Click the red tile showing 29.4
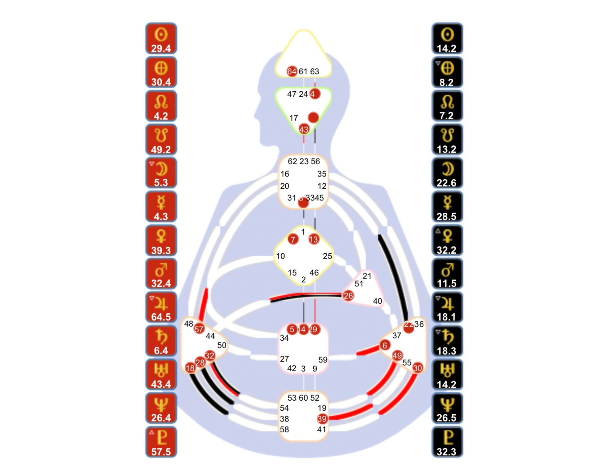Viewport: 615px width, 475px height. (x=161, y=39)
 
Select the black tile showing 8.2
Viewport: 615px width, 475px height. (x=447, y=73)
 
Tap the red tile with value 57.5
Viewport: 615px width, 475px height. (x=161, y=442)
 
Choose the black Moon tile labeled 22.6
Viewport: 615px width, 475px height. (x=447, y=173)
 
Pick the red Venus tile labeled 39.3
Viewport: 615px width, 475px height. (x=161, y=240)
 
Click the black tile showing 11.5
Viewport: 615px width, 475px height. (x=447, y=274)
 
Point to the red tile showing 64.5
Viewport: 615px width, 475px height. (x=161, y=307)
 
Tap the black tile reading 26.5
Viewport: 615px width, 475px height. (x=447, y=408)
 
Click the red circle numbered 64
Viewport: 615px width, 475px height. (x=292, y=71)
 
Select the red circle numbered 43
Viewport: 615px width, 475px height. (x=304, y=129)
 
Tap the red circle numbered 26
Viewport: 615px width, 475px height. (x=348, y=296)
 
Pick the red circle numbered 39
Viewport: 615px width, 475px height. (x=322, y=419)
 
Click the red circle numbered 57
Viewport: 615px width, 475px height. (x=199, y=329)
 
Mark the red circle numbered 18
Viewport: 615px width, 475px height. (x=190, y=368)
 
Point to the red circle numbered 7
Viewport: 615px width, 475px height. (x=293, y=239)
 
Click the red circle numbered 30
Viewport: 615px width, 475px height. (x=417, y=368)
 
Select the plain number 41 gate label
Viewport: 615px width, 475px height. (x=322, y=429)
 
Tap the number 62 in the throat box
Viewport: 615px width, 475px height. (x=292, y=161)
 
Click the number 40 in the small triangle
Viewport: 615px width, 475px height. (x=377, y=301)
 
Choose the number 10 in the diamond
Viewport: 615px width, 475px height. (x=280, y=256)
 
